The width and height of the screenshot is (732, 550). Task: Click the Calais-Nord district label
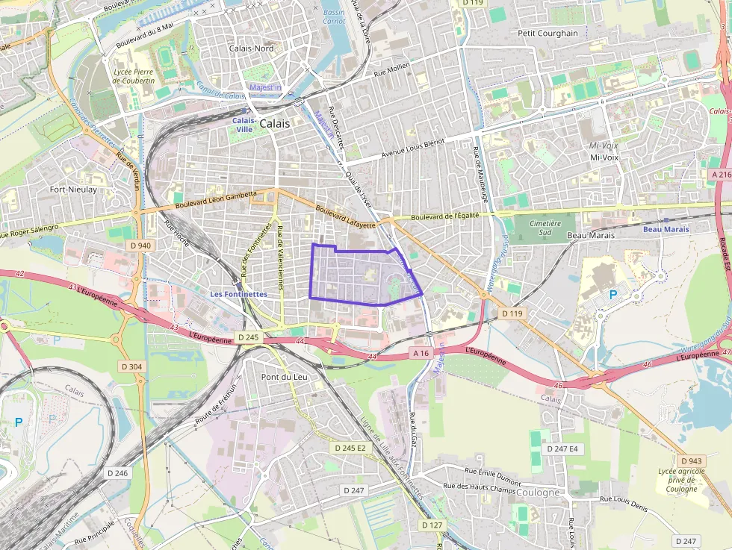pos(251,49)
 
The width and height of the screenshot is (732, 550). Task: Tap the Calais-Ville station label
pos(244,124)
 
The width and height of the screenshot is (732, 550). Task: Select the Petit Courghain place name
pos(548,33)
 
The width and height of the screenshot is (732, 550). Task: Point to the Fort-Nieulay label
pos(73,190)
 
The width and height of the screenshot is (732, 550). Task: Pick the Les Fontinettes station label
pos(238,294)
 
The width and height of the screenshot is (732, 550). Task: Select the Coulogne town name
pos(538,493)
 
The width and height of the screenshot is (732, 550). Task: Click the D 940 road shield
pos(139,245)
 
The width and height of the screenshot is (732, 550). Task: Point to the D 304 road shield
pos(131,366)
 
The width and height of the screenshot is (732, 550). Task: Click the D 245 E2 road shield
pos(351,448)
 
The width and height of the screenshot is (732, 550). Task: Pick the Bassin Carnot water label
pos(334,17)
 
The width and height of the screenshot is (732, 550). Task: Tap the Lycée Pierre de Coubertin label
pos(134,75)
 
